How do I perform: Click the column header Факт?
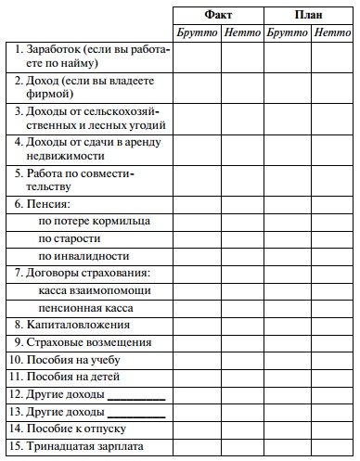click(218, 15)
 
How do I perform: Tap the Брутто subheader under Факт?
click(196, 32)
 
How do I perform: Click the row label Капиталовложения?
click(71, 326)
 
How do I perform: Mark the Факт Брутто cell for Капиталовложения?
click(196, 326)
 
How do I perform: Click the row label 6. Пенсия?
click(43, 203)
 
